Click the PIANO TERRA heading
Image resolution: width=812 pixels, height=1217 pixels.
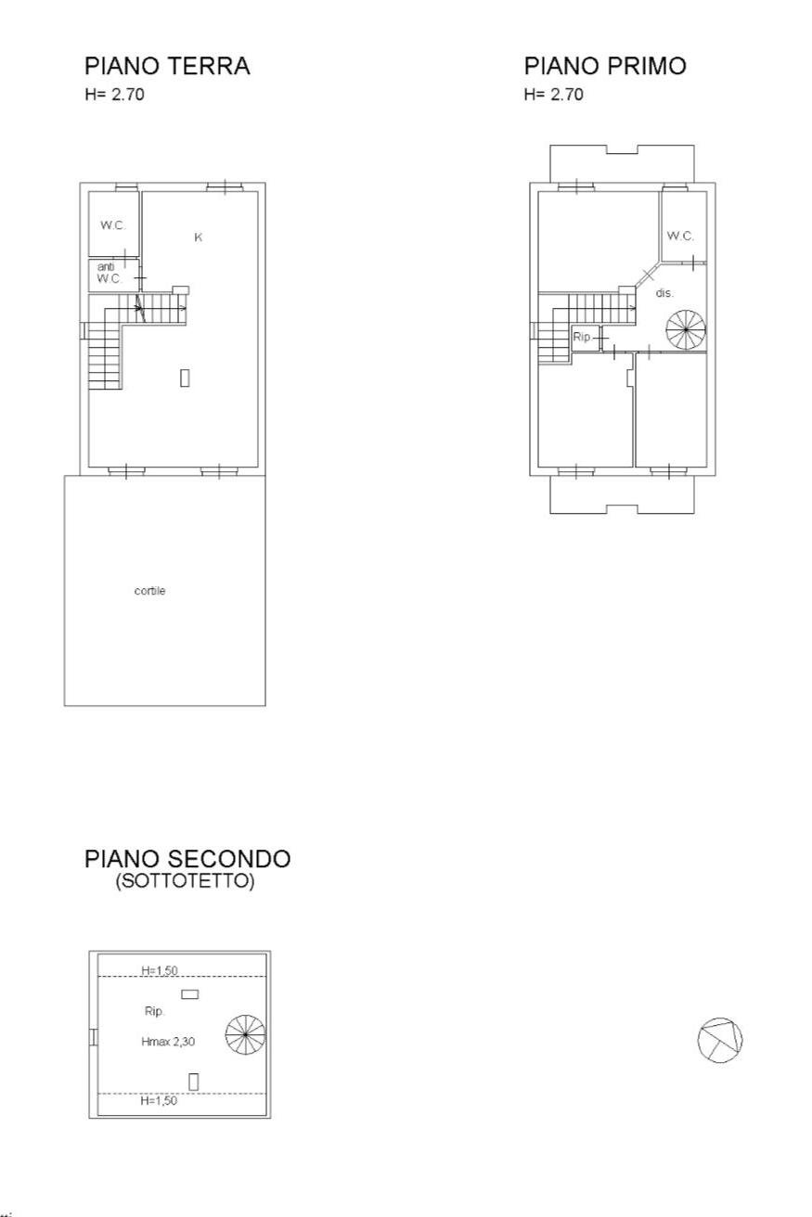tap(167, 66)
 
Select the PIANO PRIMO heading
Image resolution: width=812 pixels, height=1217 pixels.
tap(605, 66)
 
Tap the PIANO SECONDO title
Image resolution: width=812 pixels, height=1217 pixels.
tap(187, 858)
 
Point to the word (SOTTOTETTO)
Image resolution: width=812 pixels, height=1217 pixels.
tap(185, 880)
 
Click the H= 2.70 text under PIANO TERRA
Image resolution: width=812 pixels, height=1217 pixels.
tap(115, 95)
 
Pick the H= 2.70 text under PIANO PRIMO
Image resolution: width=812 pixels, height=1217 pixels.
tap(553, 95)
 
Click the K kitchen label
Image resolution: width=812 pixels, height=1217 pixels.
tap(199, 237)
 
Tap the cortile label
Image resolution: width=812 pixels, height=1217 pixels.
tap(149, 591)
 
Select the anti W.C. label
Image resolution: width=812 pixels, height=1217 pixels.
tap(110, 273)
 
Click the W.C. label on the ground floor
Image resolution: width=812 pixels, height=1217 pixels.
tap(113, 224)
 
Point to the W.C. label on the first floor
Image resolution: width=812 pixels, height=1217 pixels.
tap(680, 236)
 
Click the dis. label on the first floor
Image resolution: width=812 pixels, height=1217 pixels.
tap(664, 293)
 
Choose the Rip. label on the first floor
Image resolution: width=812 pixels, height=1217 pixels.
tap(582, 337)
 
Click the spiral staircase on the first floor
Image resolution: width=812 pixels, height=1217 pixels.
tap(686, 329)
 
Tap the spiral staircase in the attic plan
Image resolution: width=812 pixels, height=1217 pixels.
tap(246, 1034)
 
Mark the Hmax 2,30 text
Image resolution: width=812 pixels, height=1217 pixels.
tap(168, 1042)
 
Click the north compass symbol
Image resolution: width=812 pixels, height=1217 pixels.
tap(719, 1040)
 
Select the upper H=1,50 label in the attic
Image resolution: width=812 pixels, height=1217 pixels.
tap(160, 970)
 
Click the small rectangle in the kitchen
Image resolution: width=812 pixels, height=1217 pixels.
tap(185, 378)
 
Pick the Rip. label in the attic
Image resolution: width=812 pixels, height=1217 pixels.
tap(154, 1011)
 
